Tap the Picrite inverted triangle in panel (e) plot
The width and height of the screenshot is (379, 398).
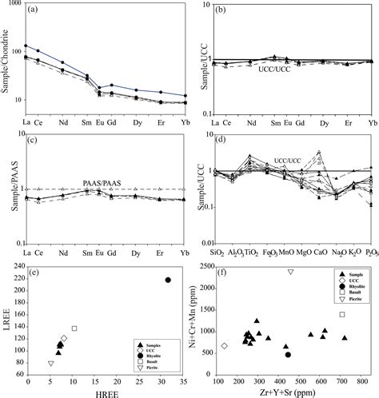(x=51, y=364)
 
